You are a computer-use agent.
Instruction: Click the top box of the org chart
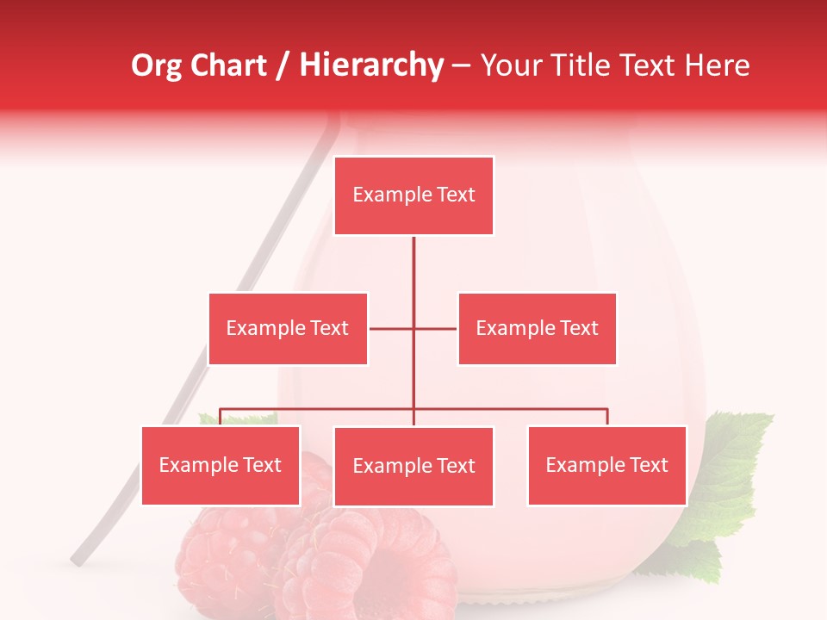[413, 195]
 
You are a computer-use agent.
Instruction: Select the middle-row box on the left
[288, 328]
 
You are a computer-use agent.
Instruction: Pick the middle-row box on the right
[537, 328]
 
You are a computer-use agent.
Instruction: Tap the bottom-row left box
[221, 465]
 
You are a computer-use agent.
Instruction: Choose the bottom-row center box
[413, 466]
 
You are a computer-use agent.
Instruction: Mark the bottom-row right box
[606, 465]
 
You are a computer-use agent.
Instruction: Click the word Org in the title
[156, 65]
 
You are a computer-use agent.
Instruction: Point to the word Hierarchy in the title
[370, 65]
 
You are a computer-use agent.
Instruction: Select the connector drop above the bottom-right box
[607, 416]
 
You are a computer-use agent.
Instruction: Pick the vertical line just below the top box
[413, 258]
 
